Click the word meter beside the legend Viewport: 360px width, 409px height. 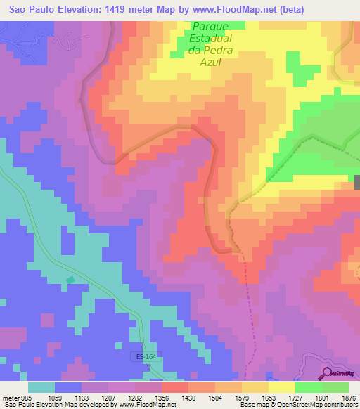(x=11, y=398)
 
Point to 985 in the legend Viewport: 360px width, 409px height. (x=27, y=398)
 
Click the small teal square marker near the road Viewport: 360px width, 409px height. (x=70, y=280)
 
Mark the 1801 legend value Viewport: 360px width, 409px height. (x=322, y=398)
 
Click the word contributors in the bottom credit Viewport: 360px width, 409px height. (x=337, y=405)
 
